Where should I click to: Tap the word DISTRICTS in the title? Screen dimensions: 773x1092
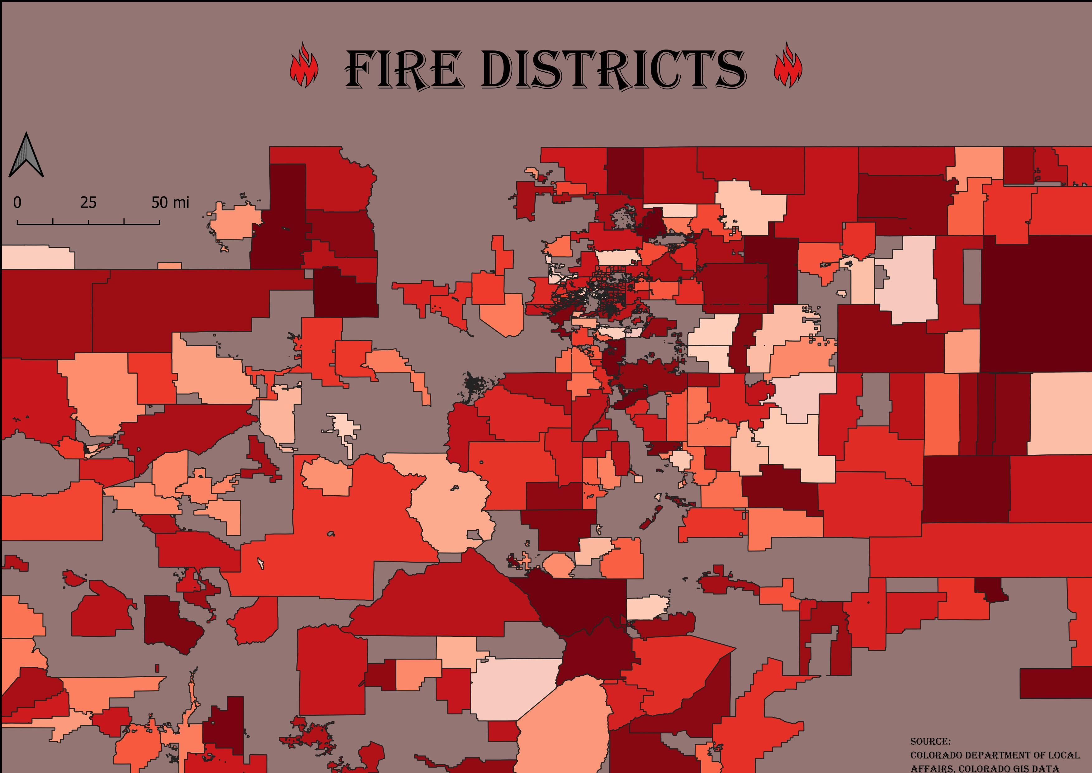click(x=613, y=70)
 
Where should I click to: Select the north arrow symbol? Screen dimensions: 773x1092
click(x=26, y=155)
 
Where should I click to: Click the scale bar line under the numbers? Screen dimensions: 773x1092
click(x=88, y=223)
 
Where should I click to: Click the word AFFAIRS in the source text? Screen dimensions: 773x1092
click(x=932, y=768)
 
